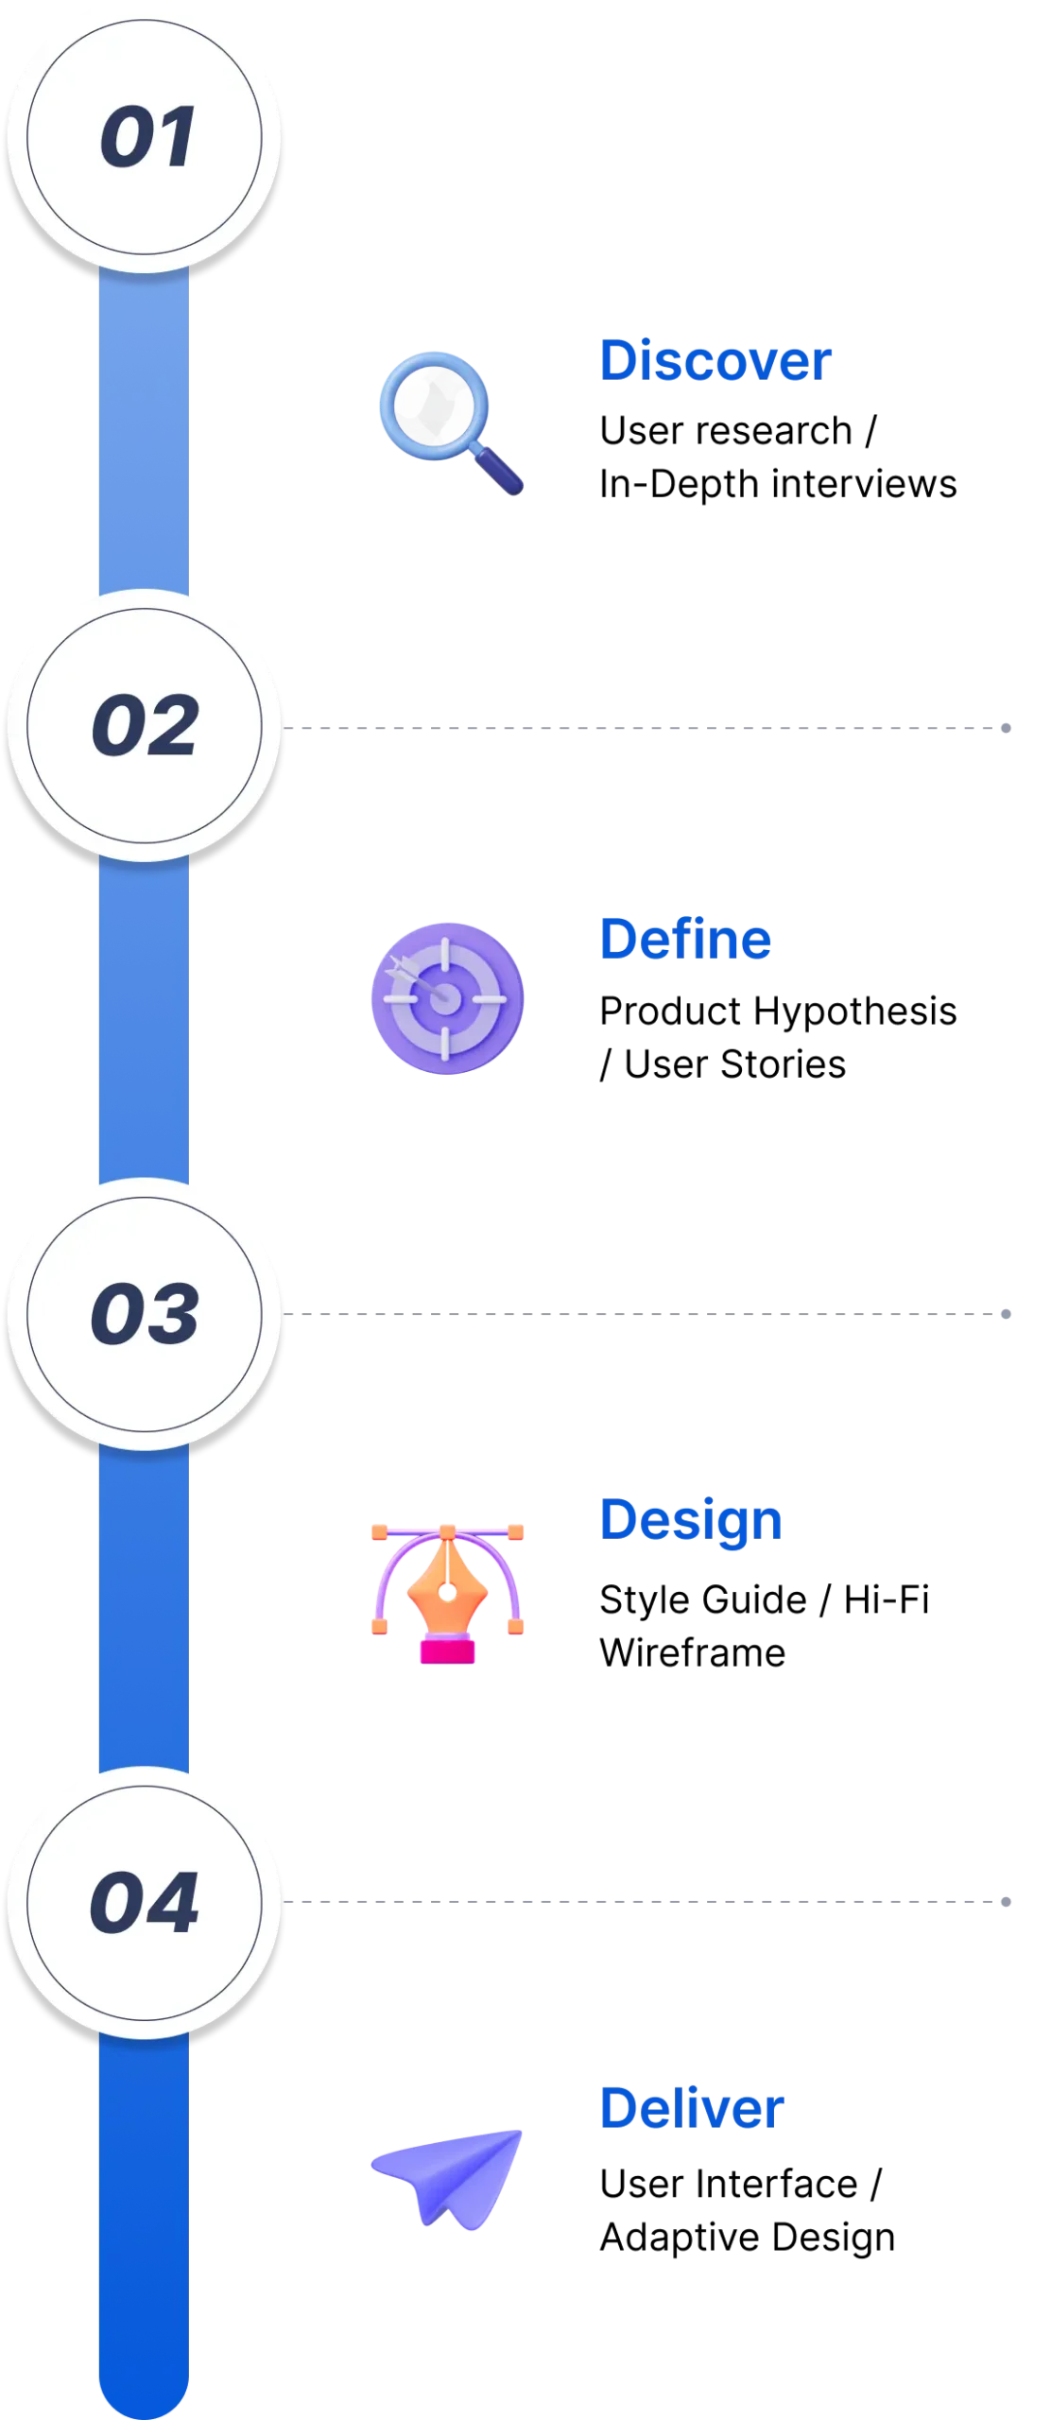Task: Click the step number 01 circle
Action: [x=145, y=138]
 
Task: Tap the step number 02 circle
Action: [x=145, y=725]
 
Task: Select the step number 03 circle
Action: [x=145, y=1314]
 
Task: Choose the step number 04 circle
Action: [x=145, y=1902]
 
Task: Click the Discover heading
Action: [x=715, y=360]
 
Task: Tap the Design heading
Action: [x=691, y=1521]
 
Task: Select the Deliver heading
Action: [x=692, y=2108]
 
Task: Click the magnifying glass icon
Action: [x=450, y=423]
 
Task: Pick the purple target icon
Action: [x=447, y=998]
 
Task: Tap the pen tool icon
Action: [x=447, y=1594]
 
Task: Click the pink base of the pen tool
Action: [x=447, y=1651]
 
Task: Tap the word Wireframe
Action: [x=692, y=1653]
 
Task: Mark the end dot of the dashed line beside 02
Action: [x=1006, y=728]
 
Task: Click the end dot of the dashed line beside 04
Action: [x=1006, y=1902]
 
